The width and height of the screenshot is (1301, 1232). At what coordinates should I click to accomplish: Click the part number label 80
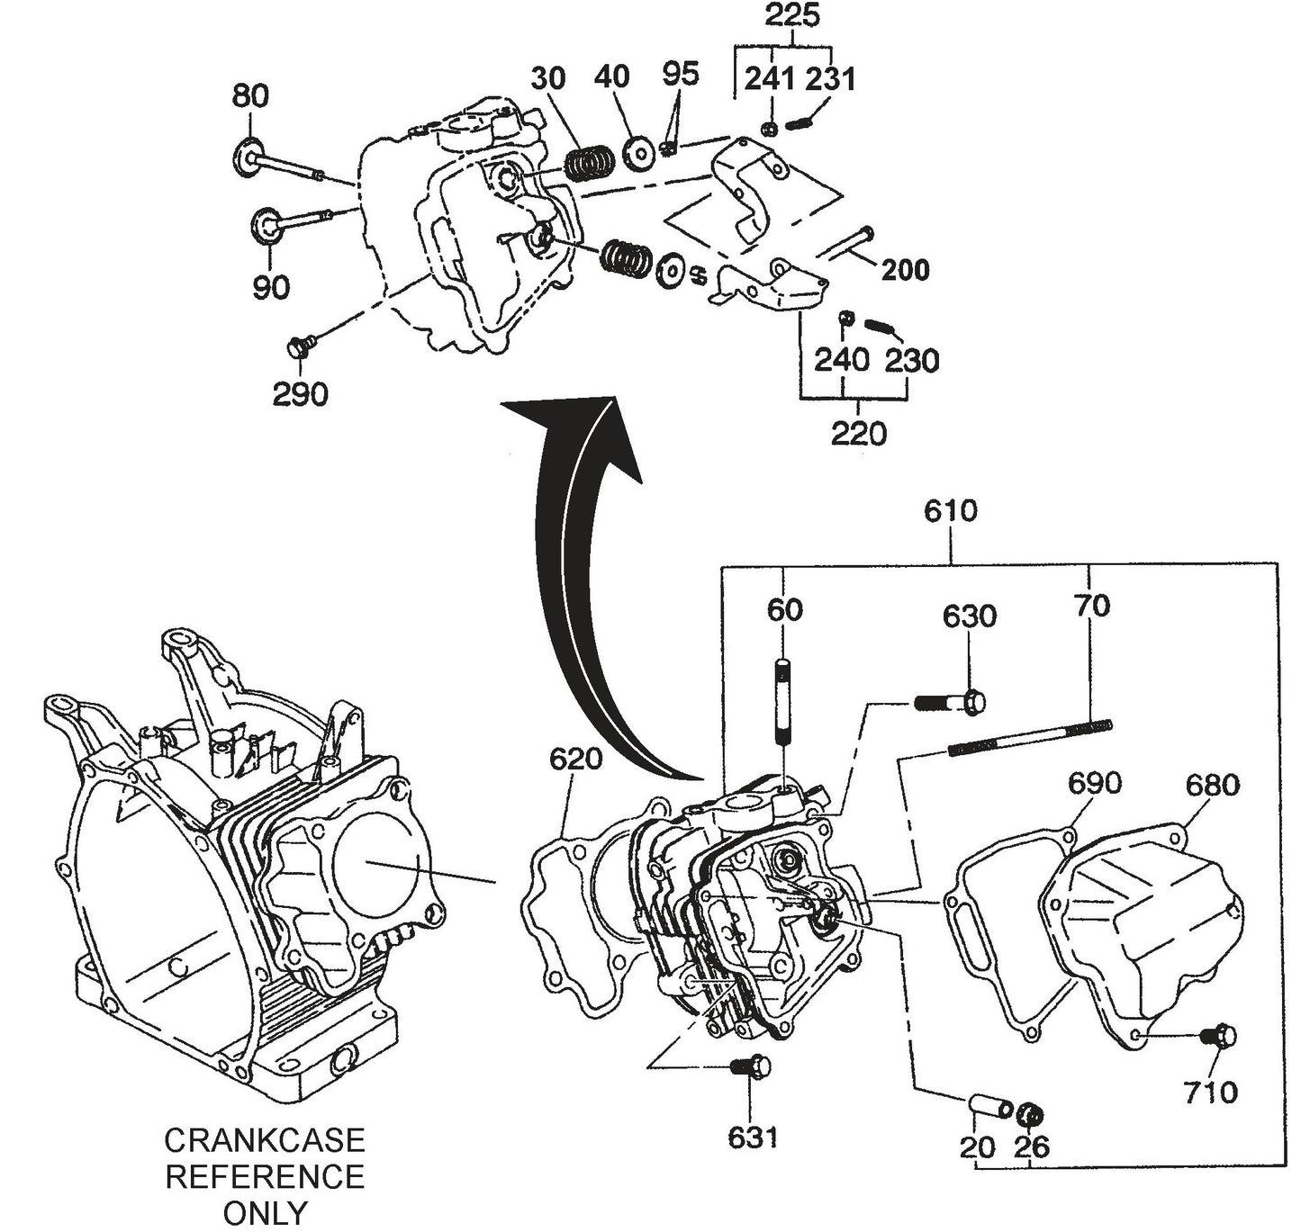[x=250, y=95]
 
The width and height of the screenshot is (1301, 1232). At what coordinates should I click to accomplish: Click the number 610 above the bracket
[x=950, y=511]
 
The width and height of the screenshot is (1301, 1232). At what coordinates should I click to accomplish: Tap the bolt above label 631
[x=751, y=1066]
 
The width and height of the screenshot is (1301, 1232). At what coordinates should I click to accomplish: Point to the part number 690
[x=1094, y=783]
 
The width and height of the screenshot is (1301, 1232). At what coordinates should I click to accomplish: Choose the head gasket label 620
[x=575, y=760]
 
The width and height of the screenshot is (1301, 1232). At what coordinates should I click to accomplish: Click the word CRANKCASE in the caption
[x=265, y=1141]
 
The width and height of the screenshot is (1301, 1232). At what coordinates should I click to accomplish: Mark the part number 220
[x=858, y=434]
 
